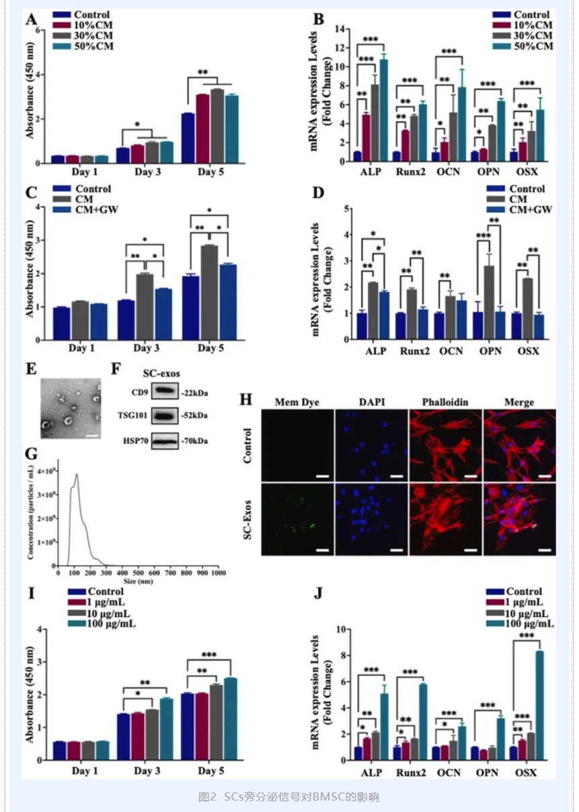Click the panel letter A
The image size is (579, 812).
click(31, 20)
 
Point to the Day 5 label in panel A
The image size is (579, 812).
click(213, 172)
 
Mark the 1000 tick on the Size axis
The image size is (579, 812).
click(217, 572)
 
